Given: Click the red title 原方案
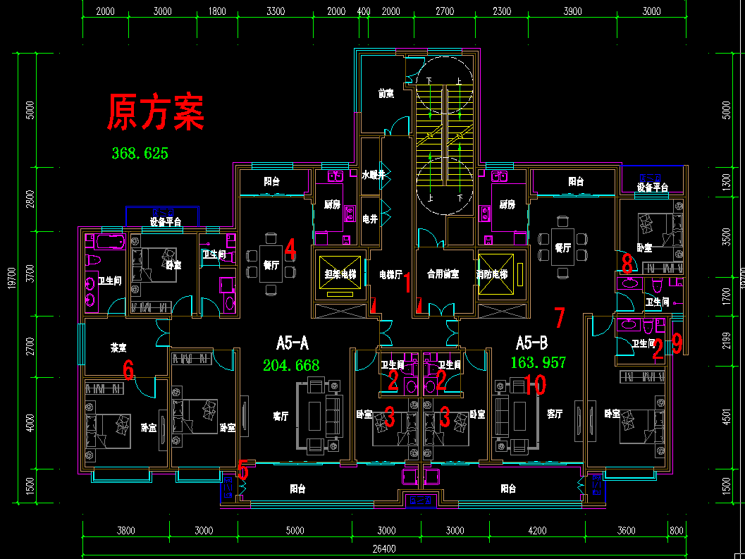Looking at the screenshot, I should (156, 113).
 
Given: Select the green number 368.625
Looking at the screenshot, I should (140, 153).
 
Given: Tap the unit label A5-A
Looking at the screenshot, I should (293, 343).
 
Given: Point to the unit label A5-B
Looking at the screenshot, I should (531, 343).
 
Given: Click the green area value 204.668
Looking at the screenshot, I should (290, 365).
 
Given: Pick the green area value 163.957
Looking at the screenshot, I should (538, 362).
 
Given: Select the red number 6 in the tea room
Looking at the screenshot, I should (128, 369).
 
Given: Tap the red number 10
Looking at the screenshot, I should (535, 384).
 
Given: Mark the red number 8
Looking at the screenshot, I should (627, 264).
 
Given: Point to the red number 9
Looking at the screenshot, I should (677, 343).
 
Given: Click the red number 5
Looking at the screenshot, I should (243, 469).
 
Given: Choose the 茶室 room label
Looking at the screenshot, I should (118, 348).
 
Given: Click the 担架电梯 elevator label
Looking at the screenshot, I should (340, 274).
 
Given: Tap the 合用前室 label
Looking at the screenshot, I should (443, 274).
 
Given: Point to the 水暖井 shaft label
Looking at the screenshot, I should (374, 175).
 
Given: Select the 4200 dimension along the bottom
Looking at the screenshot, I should (537, 531).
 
